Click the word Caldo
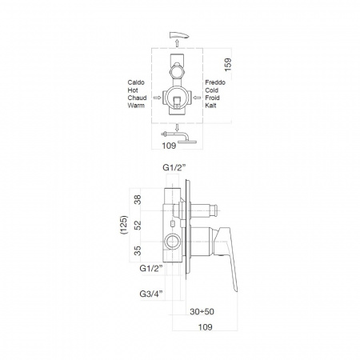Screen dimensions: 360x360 coord(136,82)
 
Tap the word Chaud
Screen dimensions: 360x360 coord(137,98)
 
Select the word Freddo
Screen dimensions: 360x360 coord(215,82)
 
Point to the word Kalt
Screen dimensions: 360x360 coord(210,106)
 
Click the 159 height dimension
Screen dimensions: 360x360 coord(228,65)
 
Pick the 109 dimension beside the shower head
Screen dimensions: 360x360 coord(169,146)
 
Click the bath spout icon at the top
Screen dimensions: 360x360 coord(179,35)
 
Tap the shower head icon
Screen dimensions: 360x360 coord(179,137)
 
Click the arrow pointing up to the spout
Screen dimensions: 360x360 coord(177,42)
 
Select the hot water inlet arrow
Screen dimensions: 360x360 coord(158,98)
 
